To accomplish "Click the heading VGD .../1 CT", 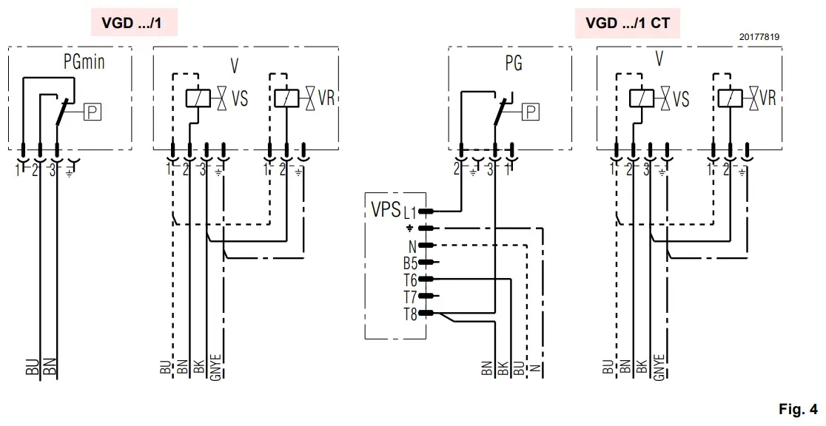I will point(628,23).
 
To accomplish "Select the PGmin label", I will point(84,63).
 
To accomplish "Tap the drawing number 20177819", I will point(758,36).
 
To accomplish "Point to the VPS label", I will point(386,207).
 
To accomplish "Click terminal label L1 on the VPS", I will point(410,212).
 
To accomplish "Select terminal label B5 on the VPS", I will point(410,263).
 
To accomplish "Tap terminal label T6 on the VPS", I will point(410,280).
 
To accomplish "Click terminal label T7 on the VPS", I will point(410,297).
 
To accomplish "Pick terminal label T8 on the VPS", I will point(410,314).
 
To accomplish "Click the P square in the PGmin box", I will point(93,112).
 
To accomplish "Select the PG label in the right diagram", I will point(513,64).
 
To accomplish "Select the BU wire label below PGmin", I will point(32,368).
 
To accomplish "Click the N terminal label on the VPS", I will point(412,246).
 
